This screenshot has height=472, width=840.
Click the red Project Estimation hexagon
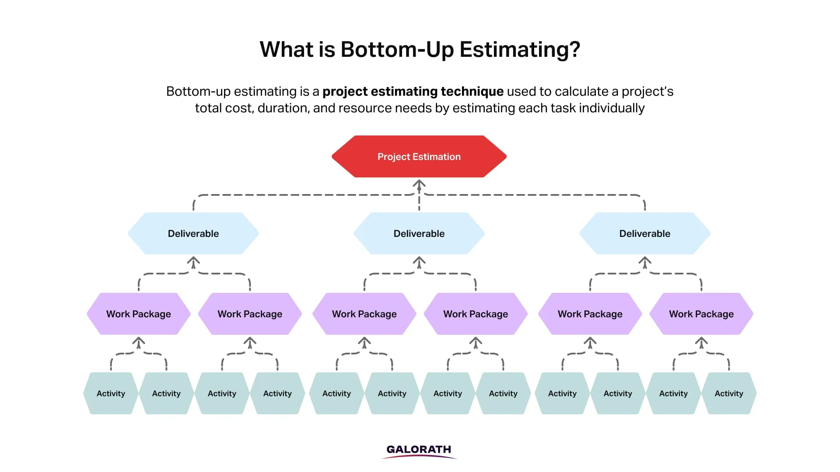click(x=419, y=156)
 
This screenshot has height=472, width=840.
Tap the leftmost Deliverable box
click(x=193, y=233)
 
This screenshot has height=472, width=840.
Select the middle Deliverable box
click(x=419, y=233)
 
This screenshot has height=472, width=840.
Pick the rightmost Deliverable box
click(x=645, y=233)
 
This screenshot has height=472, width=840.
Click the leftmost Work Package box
click(x=139, y=314)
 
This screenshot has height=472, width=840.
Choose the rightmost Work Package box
click(x=701, y=314)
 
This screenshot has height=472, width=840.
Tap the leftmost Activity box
click(x=111, y=393)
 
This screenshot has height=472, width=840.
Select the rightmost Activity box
click(x=729, y=393)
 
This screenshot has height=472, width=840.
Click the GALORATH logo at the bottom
click(x=419, y=450)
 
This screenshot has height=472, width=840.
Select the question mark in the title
click(x=574, y=50)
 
